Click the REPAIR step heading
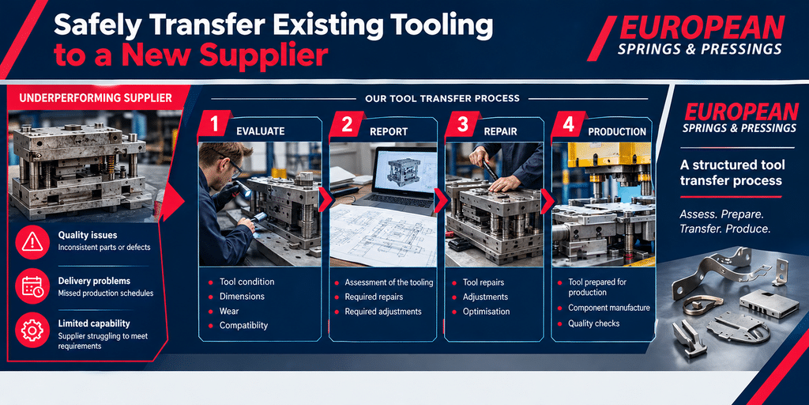(x=500, y=132)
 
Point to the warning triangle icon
(x=32, y=241)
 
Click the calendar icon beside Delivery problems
(x=32, y=286)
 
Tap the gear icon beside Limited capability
(x=32, y=330)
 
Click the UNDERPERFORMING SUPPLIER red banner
(x=96, y=98)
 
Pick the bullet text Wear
(x=229, y=311)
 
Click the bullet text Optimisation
(x=486, y=312)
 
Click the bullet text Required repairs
(x=374, y=297)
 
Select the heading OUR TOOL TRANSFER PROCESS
(x=442, y=98)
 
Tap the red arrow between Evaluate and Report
(x=325, y=199)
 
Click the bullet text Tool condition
(x=247, y=282)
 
